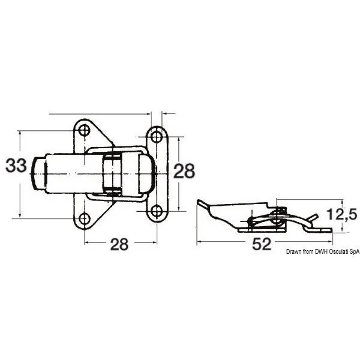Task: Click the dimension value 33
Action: pyautogui.click(x=16, y=166)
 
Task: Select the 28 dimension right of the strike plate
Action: pyautogui.click(x=184, y=171)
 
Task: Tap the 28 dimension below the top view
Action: pyautogui.click(x=119, y=244)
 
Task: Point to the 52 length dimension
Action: pyautogui.click(x=262, y=244)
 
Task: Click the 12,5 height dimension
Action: pyautogui.click(x=342, y=214)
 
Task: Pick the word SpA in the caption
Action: pyautogui.click(x=355, y=251)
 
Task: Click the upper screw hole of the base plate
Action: pyautogui.click(x=84, y=130)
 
